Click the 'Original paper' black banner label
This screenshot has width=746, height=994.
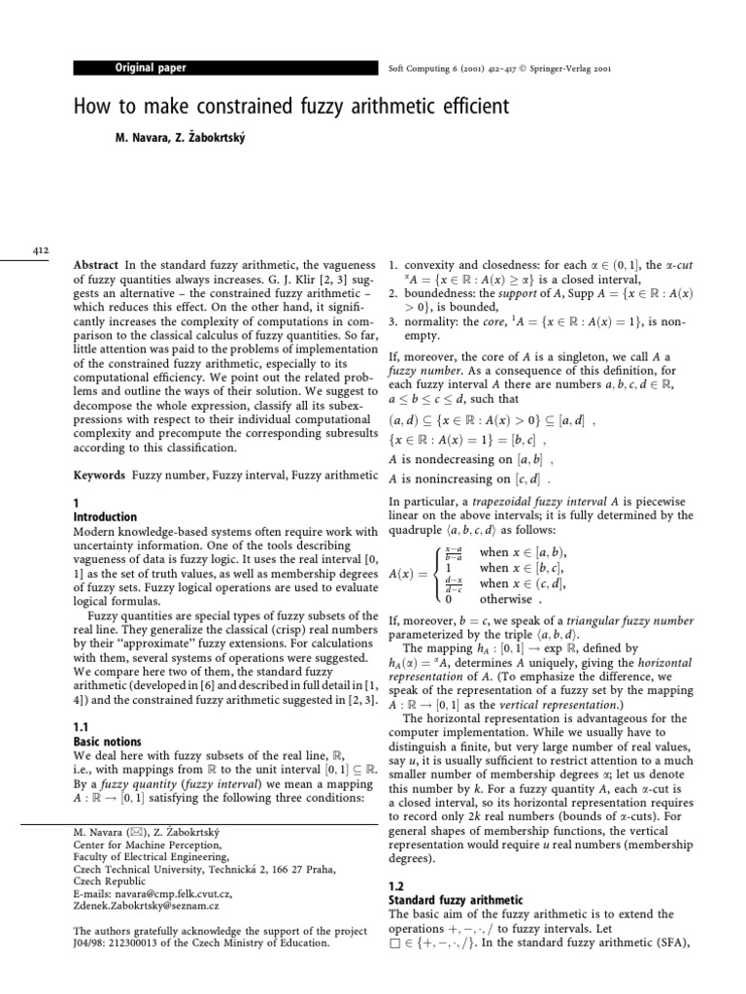151,68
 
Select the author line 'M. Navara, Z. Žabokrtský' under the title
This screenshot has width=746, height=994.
181,138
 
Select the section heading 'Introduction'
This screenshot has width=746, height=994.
105,517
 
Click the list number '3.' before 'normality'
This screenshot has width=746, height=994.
393,322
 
